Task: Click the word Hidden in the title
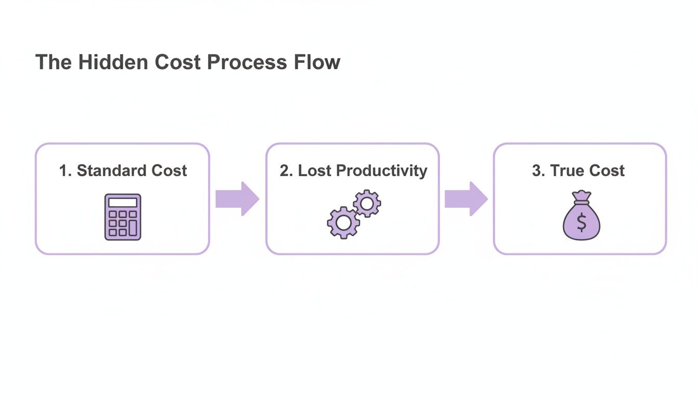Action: click(114, 62)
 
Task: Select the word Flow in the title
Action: click(320, 62)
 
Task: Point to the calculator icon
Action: click(123, 217)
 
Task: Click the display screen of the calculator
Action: click(123, 203)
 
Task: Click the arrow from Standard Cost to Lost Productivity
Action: click(237, 198)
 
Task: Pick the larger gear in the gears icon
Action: click(343, 222)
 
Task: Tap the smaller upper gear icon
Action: click(367, 203)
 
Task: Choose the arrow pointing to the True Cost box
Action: click(466, 198)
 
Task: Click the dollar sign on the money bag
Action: click(581, 223)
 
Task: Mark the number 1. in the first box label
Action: click(65, 170)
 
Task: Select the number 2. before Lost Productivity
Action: click(286, 170)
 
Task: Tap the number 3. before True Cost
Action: click(538, 170)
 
